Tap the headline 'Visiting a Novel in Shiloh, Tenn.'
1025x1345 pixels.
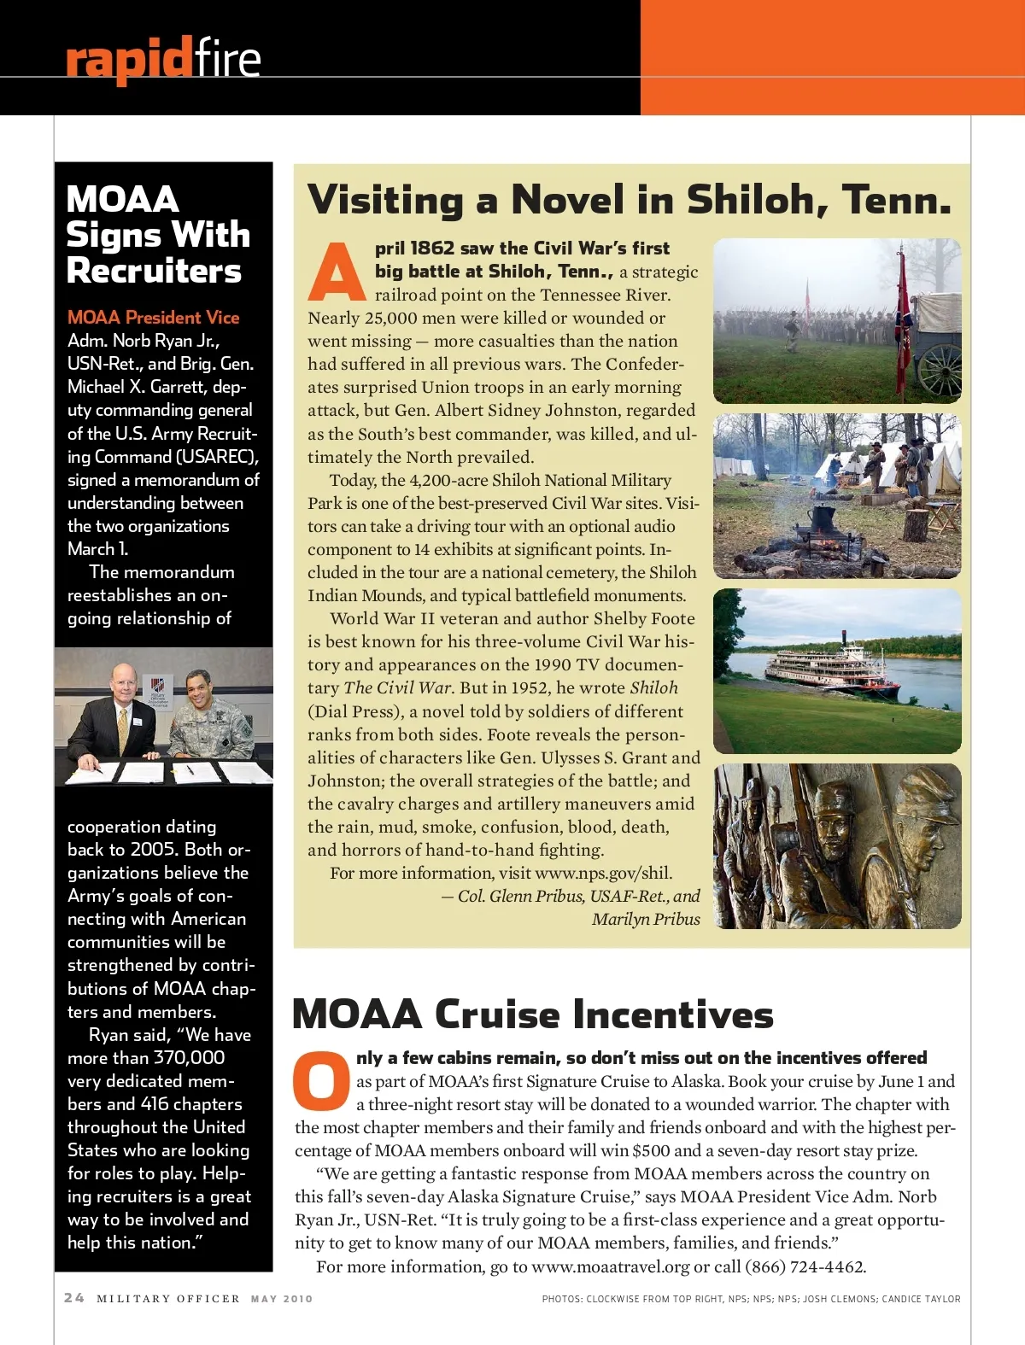click(x=629, y=200)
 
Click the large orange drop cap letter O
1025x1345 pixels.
click(x=321, y=1080)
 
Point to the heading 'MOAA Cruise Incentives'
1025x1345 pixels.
click(x=532, y=1015)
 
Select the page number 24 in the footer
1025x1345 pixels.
click(x=74, y=1298)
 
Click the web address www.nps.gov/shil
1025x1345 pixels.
click(x=603, y=873)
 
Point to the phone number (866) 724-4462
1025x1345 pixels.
click(x=804, y=1266)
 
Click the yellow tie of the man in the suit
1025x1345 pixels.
click(x=123, y=728)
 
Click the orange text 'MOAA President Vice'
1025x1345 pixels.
click(x=154, y=318)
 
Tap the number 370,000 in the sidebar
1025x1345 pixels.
click(x=189, y=1058)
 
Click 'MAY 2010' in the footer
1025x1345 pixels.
click(x=282, y=1299)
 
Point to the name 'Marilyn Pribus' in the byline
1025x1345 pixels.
click(x=646, y=919)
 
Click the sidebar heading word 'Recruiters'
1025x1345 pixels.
click(x=154, y=271)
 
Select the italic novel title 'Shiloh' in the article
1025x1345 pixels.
click(x=653, y=687)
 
